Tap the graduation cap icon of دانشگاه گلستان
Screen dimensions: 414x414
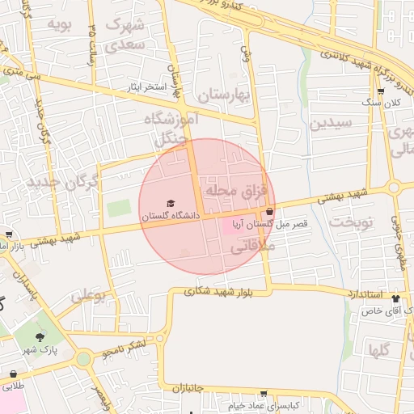click(170, 204)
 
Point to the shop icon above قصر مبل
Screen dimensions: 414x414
click(269, 211)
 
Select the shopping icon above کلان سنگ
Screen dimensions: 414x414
click(381, 92)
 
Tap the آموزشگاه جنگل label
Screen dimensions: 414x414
click(171, 129)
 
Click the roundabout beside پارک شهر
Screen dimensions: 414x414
click(83, 357)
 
